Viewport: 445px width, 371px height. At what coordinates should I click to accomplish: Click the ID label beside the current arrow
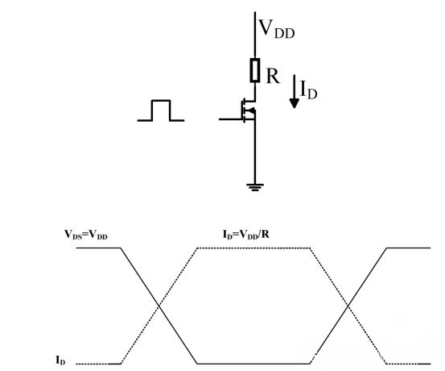309,90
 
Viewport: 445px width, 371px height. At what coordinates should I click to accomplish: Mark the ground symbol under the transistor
254,187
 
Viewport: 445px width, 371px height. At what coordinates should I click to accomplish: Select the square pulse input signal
161,110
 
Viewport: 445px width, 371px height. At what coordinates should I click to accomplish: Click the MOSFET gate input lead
229,119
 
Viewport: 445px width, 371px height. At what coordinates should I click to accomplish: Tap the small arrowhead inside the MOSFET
251,111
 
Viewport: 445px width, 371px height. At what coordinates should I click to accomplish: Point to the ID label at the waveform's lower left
61,361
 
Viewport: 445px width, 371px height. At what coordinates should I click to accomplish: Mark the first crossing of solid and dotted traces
159,305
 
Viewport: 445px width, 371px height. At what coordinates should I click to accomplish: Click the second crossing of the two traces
348,305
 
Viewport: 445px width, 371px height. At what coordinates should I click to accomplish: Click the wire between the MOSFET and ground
254,157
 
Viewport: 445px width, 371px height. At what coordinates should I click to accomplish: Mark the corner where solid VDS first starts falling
121,248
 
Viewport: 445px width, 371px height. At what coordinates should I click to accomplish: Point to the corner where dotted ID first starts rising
121,363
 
